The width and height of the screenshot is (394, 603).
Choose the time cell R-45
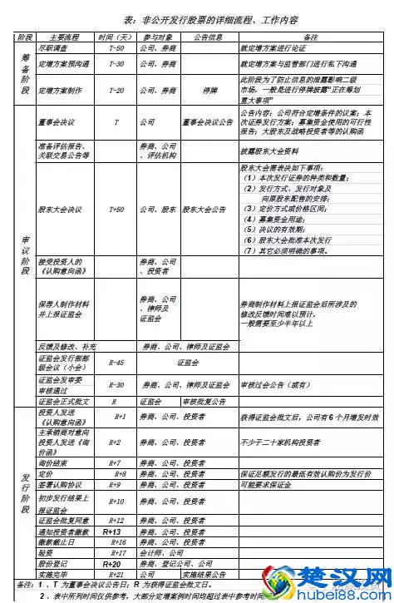(x=116, y=363)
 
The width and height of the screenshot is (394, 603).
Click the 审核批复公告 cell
(x=199, y=400)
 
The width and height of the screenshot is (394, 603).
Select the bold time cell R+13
(x=113, y=531)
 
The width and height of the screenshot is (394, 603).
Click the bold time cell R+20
(x=113, y=563)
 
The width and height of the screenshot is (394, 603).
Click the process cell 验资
(x=46, y=552)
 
